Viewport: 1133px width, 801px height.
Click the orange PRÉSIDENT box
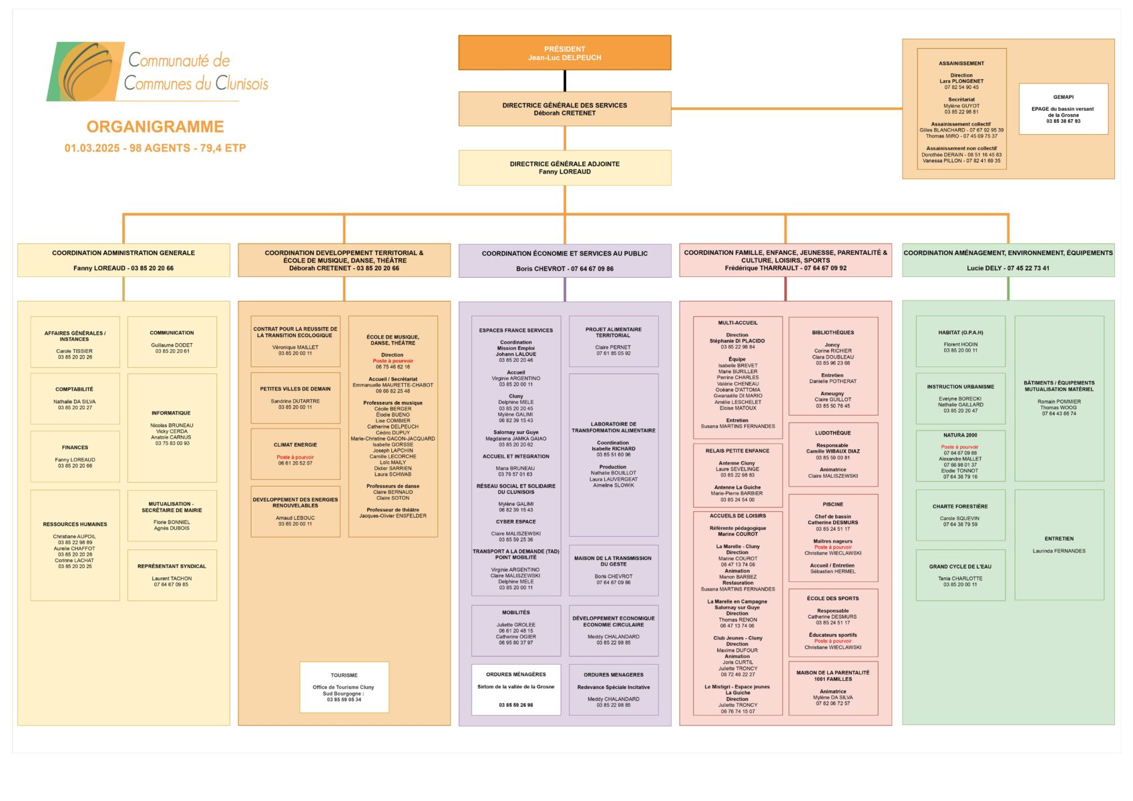564,53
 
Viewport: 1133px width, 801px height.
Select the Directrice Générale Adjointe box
564,168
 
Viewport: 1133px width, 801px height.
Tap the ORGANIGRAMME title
155,127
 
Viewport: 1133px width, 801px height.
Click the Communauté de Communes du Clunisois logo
158,71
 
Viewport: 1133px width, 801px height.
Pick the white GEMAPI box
1063,109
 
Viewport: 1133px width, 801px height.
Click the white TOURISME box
344,688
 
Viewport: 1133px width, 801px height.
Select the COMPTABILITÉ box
75,398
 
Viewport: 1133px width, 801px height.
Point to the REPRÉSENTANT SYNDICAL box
172,575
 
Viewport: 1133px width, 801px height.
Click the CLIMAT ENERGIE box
295,453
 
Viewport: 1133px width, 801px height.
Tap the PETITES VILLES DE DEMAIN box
295,398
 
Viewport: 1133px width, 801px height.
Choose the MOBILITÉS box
515,630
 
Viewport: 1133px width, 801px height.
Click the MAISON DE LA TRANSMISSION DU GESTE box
613,569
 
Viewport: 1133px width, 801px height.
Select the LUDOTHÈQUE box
833,454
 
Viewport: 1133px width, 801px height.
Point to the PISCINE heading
833,505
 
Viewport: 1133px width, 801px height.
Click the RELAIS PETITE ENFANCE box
737,473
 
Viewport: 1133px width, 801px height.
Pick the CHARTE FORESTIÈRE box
960,515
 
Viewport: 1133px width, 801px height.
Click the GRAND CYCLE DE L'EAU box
960,575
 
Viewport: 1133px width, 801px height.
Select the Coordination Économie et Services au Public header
564,260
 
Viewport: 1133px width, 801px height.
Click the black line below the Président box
565,81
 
